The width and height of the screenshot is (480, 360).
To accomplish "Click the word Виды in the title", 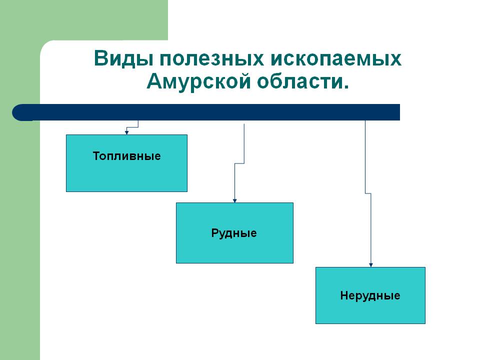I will tap(123, 59).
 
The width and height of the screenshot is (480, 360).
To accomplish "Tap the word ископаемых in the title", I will tap(336, 59).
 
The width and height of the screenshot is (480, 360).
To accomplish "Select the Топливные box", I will tap(126, 175).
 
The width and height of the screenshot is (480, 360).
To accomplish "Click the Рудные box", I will tap(234, 247).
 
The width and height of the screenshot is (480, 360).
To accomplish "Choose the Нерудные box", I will tap(370, 310).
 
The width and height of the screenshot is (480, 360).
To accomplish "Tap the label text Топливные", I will tap(126, 156).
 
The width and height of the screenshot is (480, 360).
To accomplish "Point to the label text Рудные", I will tap(234, 233).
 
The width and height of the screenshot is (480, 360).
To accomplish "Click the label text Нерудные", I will tap(370, 295).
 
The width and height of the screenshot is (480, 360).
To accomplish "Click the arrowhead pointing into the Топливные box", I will tap(127, 132).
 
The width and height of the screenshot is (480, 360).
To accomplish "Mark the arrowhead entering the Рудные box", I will tap(235, 200).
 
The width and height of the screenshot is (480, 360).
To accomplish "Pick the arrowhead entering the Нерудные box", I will tap(370, 265).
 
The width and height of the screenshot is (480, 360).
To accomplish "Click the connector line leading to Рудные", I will tap(244, 145).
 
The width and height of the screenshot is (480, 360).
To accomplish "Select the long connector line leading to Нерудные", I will tap(370, 230).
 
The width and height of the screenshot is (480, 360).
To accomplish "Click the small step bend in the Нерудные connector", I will tap(368, 193).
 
